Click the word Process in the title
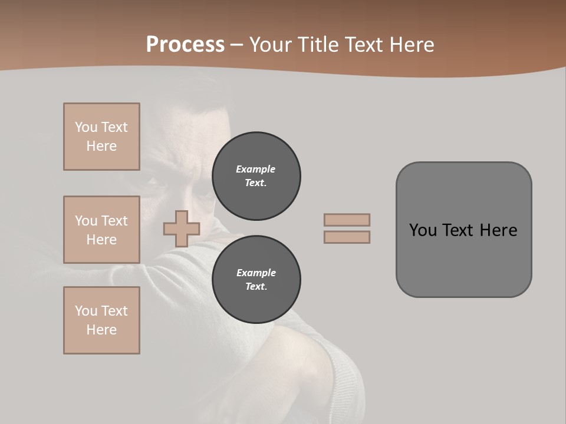point(185,45)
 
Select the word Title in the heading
point(316,45)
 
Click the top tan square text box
point(101,137)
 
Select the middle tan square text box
point(101,230)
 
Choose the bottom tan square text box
point(101,320)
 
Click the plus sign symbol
point(182,228)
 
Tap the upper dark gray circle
point(256,176)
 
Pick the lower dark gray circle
point(256,280)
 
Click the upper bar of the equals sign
point(347,220)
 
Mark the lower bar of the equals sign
point(347,237)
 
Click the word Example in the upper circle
point(255,169)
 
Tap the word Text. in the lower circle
point(256,287)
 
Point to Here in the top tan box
point(101,146)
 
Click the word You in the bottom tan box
point(86,311)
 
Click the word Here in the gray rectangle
point(498,230)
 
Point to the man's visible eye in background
point(154,182)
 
